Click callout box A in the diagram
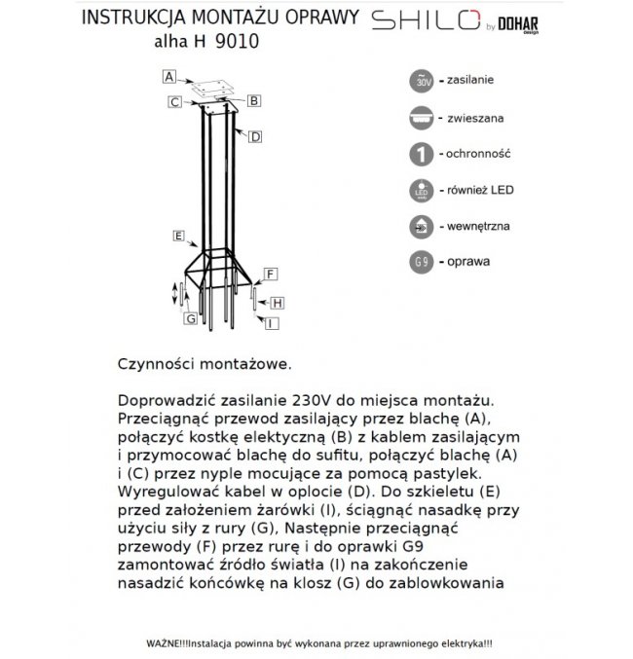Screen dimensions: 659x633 [x=168, y=76]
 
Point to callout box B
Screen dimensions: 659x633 [x=252, y=99]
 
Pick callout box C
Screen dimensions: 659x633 [x=171, y=100]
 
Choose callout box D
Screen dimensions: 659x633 [x=254, y=137]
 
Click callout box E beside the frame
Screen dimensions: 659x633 [x=178, y=236]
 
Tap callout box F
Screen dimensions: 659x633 [x=271, y=274]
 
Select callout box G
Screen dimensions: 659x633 [x=191, y=318]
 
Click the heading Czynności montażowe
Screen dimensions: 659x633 [x=204, y=363]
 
